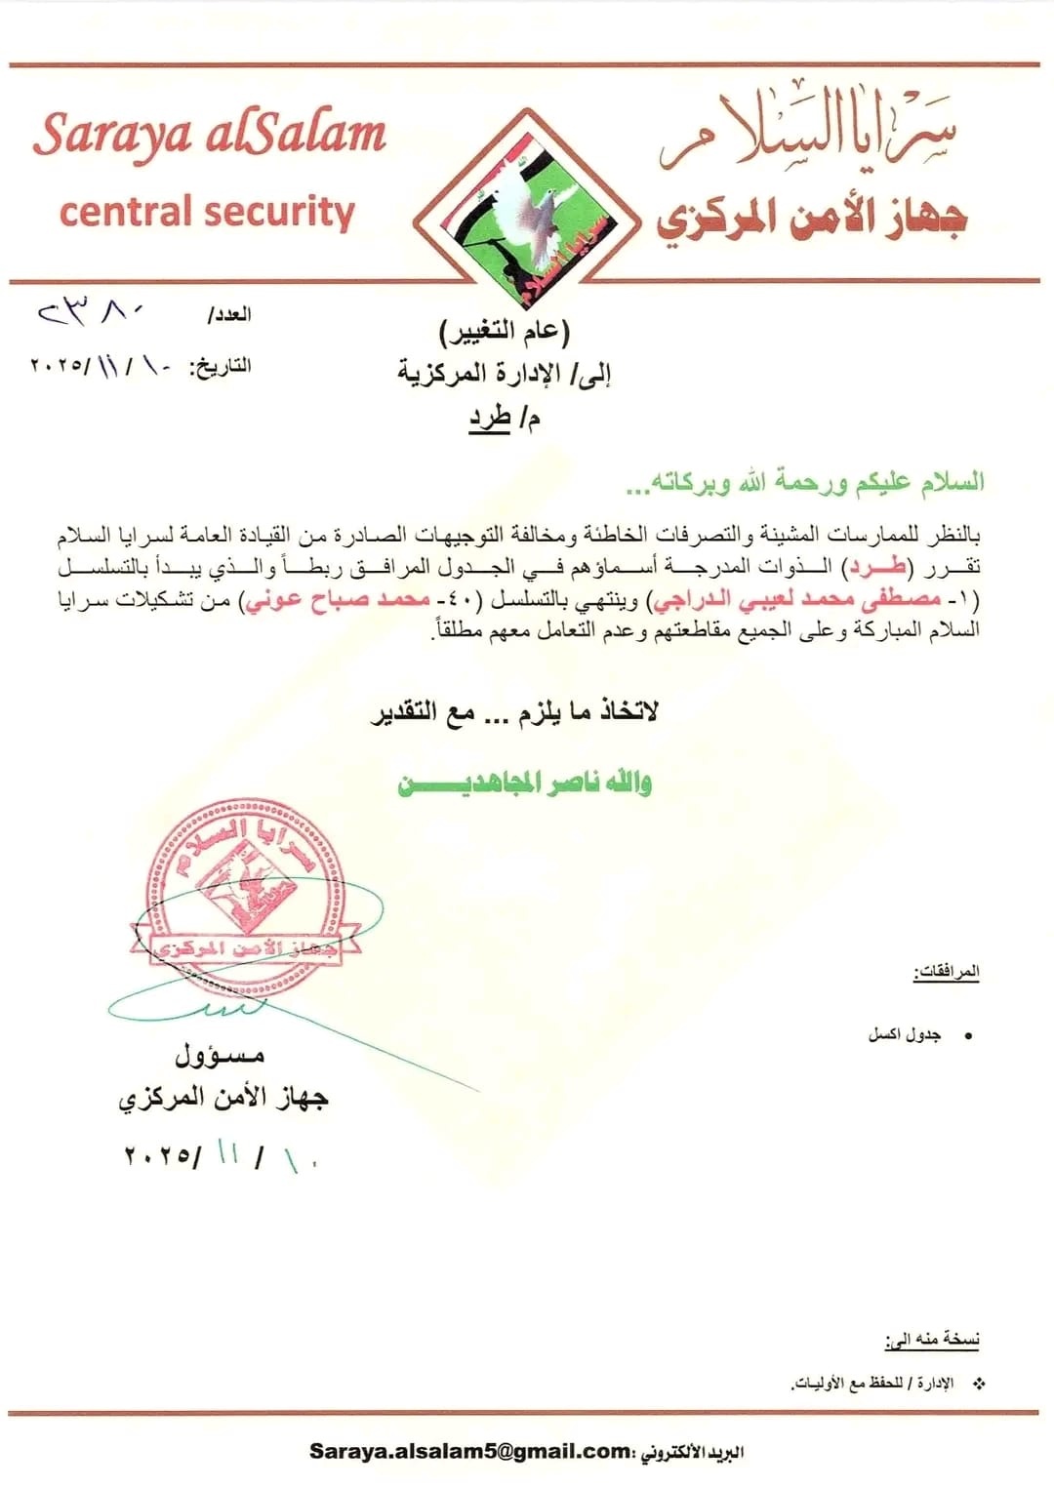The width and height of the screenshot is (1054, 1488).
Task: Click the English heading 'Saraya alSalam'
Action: pyautogui.click(x=210, y=135)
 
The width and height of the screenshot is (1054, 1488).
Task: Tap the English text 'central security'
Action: pyautogui.click(x=207, y=212)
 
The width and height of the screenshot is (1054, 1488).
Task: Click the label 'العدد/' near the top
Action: pyautogui.click(x=229, y=314)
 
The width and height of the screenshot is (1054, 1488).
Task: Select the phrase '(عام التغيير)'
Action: pyautogui.click(x=504, y=332)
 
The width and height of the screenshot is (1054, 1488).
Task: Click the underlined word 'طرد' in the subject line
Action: pyautogui.click(x=491, y=418)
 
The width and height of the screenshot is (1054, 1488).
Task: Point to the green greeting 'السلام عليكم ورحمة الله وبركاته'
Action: pyautogui.click(x=805, y=482)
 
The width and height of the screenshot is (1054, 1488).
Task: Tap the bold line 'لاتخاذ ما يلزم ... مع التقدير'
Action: pyautogui.click(x=514, y=711)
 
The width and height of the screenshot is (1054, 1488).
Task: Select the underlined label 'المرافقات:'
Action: pyautogui.click(x=947, y=972)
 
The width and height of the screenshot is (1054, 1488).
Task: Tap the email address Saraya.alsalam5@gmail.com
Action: pyautogui.click(x=470, y=1451)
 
